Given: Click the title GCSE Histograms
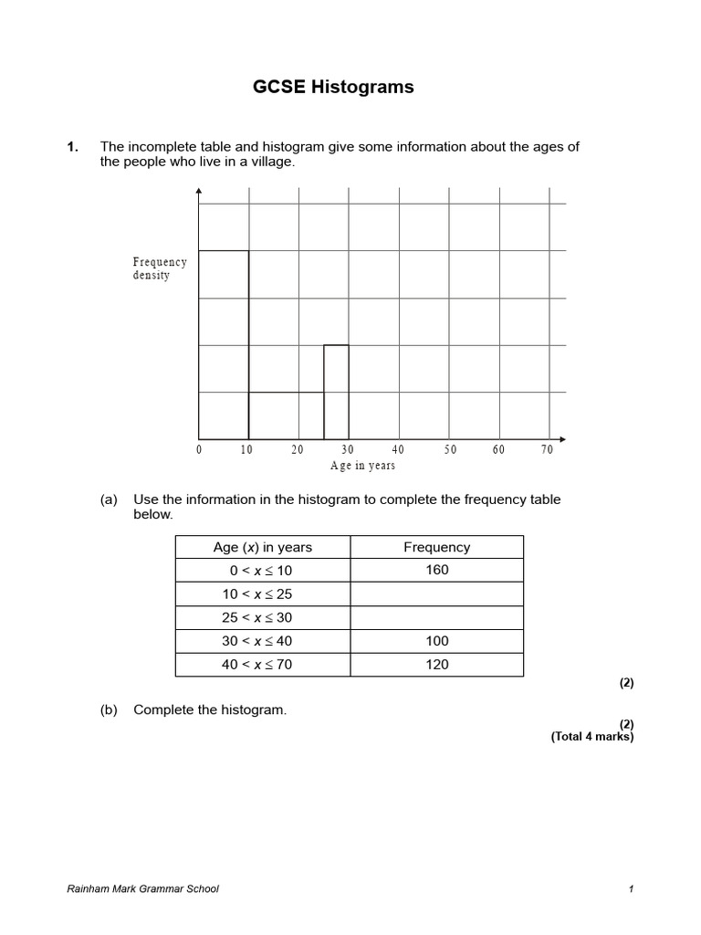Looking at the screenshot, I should [332, 88].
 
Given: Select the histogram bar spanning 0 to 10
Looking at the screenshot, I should [224, 344].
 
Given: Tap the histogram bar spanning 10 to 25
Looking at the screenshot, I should [286, 415].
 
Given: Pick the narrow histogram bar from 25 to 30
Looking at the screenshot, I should [336, 392].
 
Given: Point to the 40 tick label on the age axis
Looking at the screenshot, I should [398, 450].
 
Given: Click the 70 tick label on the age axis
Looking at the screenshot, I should [547, 450].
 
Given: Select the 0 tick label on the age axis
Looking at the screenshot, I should [199, 450].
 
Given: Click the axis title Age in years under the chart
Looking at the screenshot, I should [362, 466].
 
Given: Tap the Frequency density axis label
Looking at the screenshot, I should [160, 268].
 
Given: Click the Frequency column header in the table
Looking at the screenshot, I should [436, 547].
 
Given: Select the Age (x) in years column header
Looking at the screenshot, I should [262, 547].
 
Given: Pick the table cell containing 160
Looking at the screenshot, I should [436, 571].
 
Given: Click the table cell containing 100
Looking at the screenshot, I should [436, 641].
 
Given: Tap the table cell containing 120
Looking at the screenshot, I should [436, 665].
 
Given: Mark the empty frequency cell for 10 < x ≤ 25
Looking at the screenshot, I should [436, 594].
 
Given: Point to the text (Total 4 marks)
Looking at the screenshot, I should [591, 737].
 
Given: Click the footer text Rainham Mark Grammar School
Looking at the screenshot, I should [143, 889].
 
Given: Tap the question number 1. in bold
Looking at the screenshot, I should [73, 146].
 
